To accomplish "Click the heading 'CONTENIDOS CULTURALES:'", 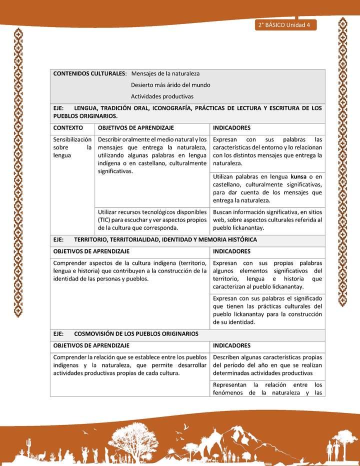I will click(89, 73).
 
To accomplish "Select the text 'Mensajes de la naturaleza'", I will click(165, 73).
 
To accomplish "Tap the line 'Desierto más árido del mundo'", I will click(170, 85).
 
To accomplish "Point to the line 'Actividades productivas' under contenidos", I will click(162, 96).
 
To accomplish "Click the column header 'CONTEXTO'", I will click(68, 128).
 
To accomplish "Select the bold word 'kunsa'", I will click(298, 176).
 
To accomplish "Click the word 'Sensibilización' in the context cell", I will click(72, 139).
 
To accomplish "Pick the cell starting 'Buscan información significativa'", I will click(267, 220).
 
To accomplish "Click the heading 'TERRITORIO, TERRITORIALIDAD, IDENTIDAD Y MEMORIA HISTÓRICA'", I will click(165, 240).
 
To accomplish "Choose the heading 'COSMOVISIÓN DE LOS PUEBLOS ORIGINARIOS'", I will click(136, 333).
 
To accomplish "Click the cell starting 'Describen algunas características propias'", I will click(267, 365).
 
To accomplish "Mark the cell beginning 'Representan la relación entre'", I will click(267, 388).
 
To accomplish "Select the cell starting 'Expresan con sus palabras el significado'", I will click(267, 310).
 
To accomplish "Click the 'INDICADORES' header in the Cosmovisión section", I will click(231, 345).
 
